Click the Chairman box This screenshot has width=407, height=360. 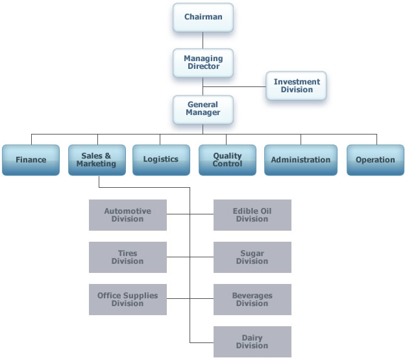203,17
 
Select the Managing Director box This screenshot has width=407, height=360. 203,62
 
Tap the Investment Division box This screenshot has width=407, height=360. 297,85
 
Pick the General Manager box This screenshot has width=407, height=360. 203,108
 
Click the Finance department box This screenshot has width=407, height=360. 32,159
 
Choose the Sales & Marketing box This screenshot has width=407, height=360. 97,159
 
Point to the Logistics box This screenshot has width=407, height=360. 160,159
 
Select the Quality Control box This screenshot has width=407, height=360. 227,159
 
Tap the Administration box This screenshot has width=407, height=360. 301,159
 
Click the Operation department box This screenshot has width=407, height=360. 375,159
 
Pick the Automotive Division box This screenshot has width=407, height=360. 127,215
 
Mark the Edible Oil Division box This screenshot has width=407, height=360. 253,215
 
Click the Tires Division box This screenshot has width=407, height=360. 127,257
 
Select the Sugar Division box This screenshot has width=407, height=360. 253,257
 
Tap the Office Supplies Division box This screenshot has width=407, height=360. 127,300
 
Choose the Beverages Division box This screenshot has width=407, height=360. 253,300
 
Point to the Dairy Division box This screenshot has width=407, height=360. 253,342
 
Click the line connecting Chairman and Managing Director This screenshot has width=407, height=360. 203,40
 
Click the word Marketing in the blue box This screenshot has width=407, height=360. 96,164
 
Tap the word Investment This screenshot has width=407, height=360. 297,82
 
